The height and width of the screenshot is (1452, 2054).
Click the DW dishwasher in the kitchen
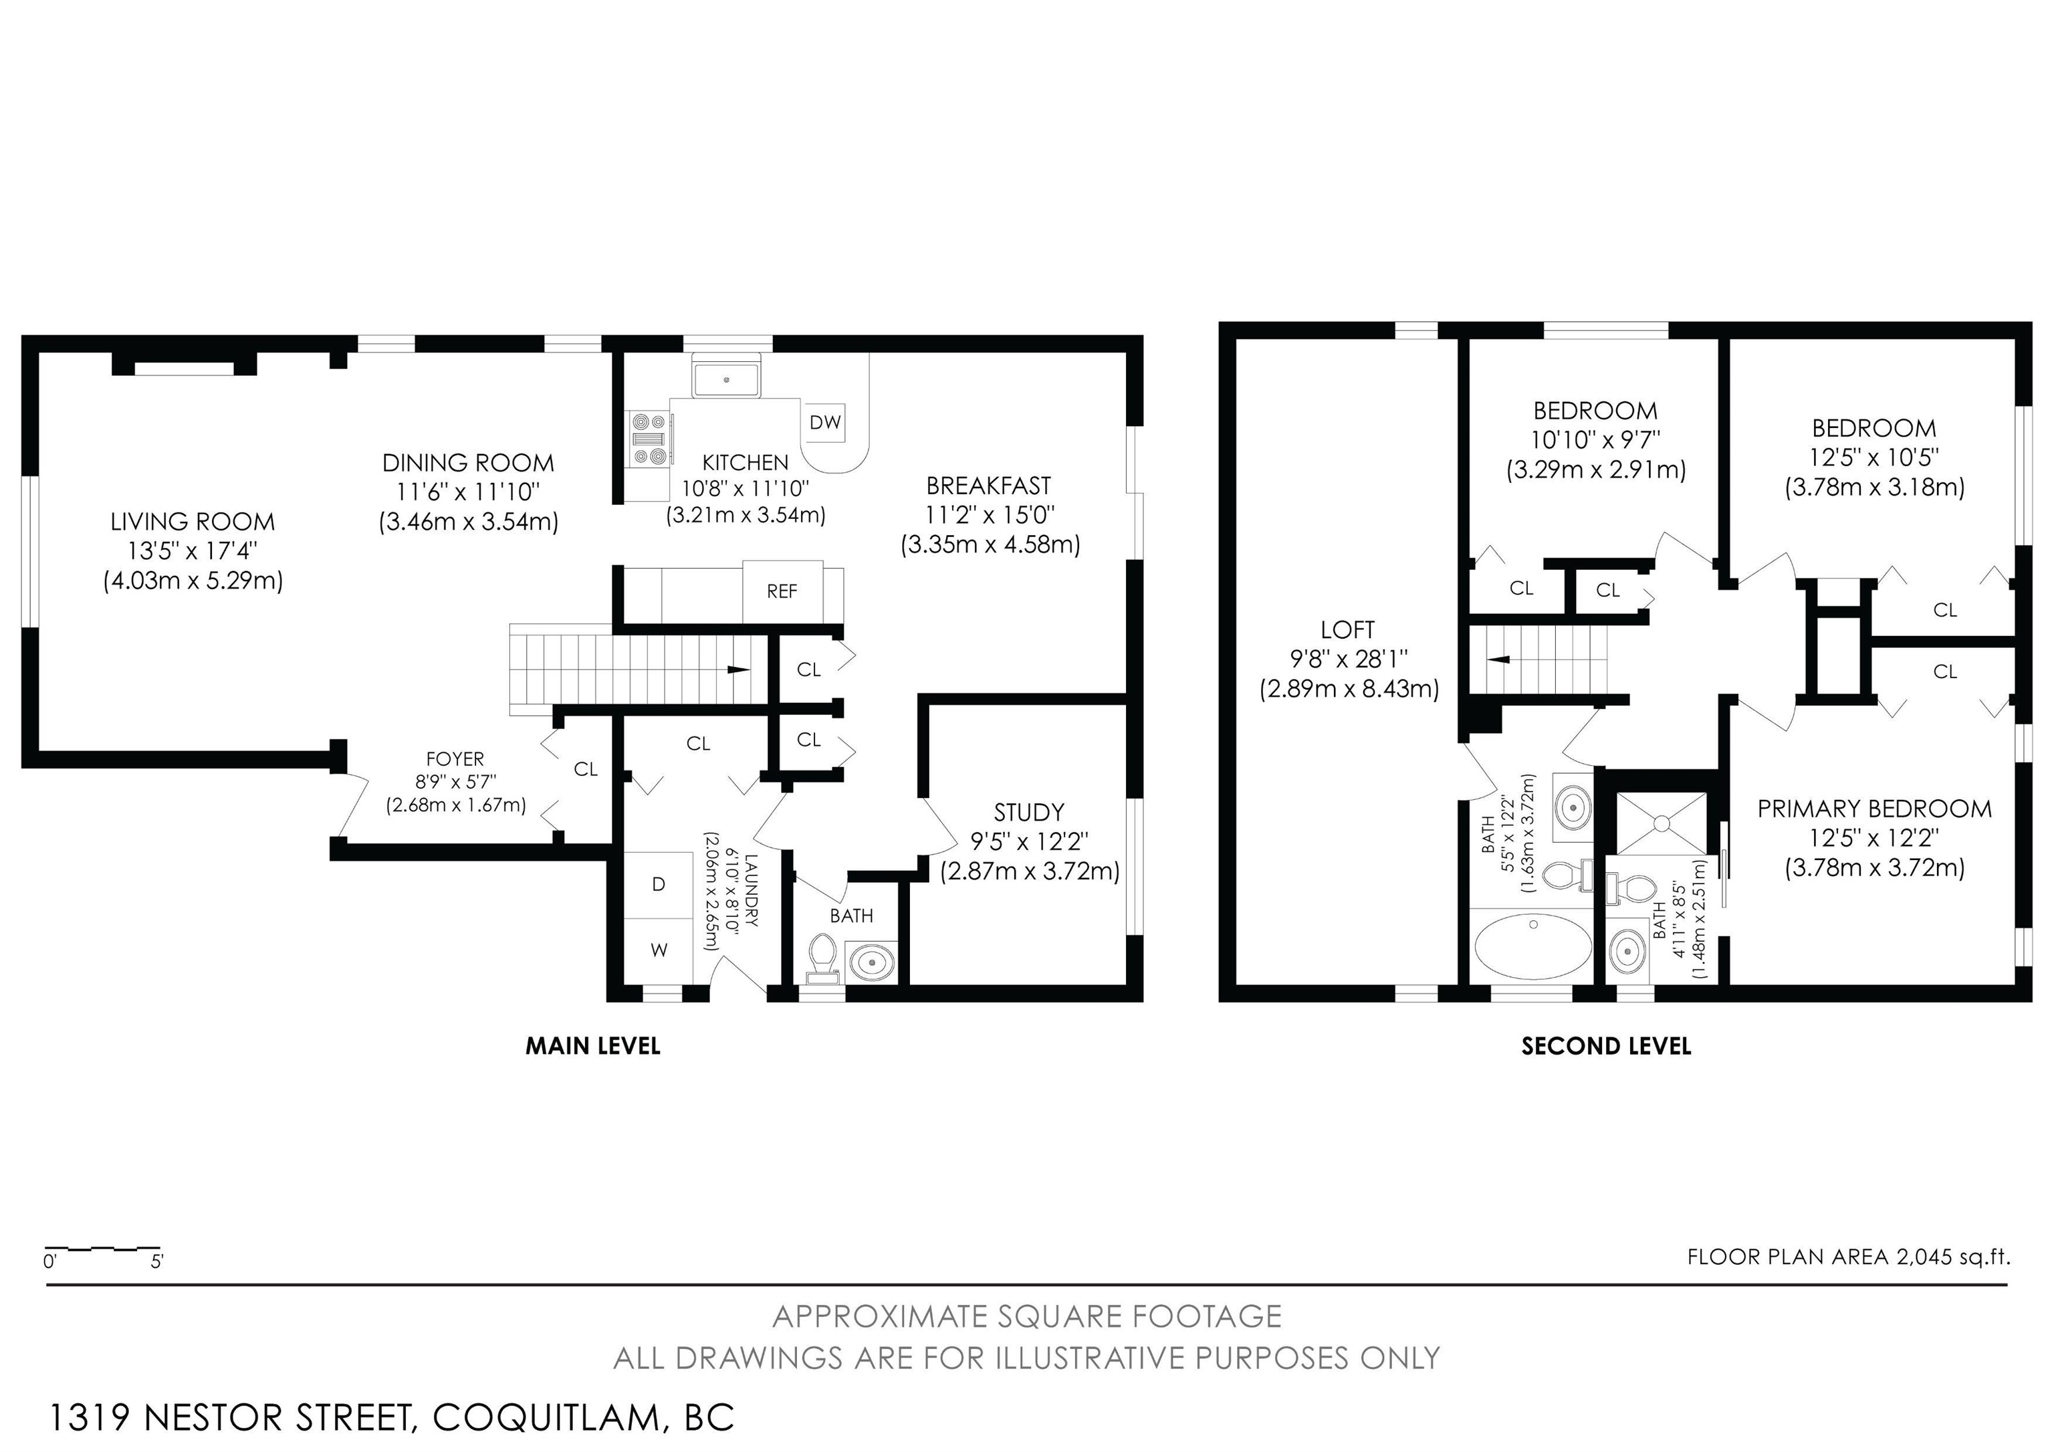[825, 421]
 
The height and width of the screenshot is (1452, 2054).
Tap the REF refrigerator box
[782, 591]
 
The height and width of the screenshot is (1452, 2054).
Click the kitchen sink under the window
[726, 379]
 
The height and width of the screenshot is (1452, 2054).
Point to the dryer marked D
[659, 885]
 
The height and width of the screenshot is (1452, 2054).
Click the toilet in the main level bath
[821, 956]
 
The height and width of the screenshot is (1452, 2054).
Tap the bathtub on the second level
[1532, 946]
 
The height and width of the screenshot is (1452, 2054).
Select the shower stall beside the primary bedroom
[1662, 822]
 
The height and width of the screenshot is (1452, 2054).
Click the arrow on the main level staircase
[739, 669]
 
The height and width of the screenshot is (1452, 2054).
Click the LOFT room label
[1347, 630]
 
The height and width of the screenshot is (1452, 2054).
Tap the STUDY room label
[1029, 813]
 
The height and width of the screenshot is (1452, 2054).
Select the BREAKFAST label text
[988, 486]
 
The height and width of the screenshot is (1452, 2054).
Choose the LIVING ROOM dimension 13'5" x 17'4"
[193, 551]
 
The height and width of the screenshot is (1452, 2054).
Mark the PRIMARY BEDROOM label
[1874, 809]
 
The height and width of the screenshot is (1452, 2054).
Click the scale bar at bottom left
[103, 1247]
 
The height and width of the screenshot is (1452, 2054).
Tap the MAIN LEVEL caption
[592, 1046]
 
